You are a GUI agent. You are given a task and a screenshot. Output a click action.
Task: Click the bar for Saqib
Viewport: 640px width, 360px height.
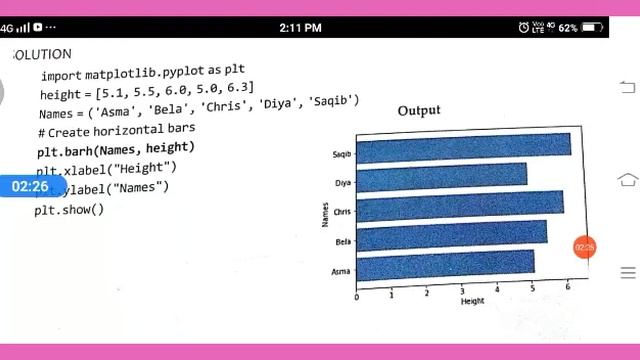[x=463, y=148]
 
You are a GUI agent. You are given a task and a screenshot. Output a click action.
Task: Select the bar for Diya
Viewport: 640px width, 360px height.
[x=441, y=176]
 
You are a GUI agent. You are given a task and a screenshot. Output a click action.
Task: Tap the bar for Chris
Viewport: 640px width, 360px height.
[x=460, y=205]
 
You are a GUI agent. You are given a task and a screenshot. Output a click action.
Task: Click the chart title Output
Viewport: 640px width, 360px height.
[x=418, y=110]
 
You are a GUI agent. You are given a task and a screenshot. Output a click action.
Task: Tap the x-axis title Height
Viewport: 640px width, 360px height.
[x=472, y=301]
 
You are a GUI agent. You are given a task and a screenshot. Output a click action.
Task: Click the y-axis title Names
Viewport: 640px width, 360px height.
[x=325, y=212]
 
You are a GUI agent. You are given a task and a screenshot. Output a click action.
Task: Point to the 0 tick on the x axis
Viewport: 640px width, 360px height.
[x=357, y=295]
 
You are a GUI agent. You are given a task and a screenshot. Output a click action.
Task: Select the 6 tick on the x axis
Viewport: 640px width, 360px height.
[x=567, y=288]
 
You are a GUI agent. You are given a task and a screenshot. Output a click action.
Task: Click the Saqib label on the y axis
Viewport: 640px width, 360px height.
[x=341, y=155]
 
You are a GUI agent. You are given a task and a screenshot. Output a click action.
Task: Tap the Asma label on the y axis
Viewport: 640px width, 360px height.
[x=341, y=271]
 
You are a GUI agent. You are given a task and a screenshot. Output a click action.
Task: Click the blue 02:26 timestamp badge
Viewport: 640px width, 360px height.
[x=30, y=187]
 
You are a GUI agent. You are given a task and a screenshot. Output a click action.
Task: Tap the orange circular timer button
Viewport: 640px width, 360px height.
[x=584, y=247]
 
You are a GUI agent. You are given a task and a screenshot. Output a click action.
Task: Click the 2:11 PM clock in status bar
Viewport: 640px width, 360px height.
[x=300, y=27]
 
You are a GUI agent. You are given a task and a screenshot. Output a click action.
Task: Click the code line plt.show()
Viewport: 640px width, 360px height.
[x=69, y=210]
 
